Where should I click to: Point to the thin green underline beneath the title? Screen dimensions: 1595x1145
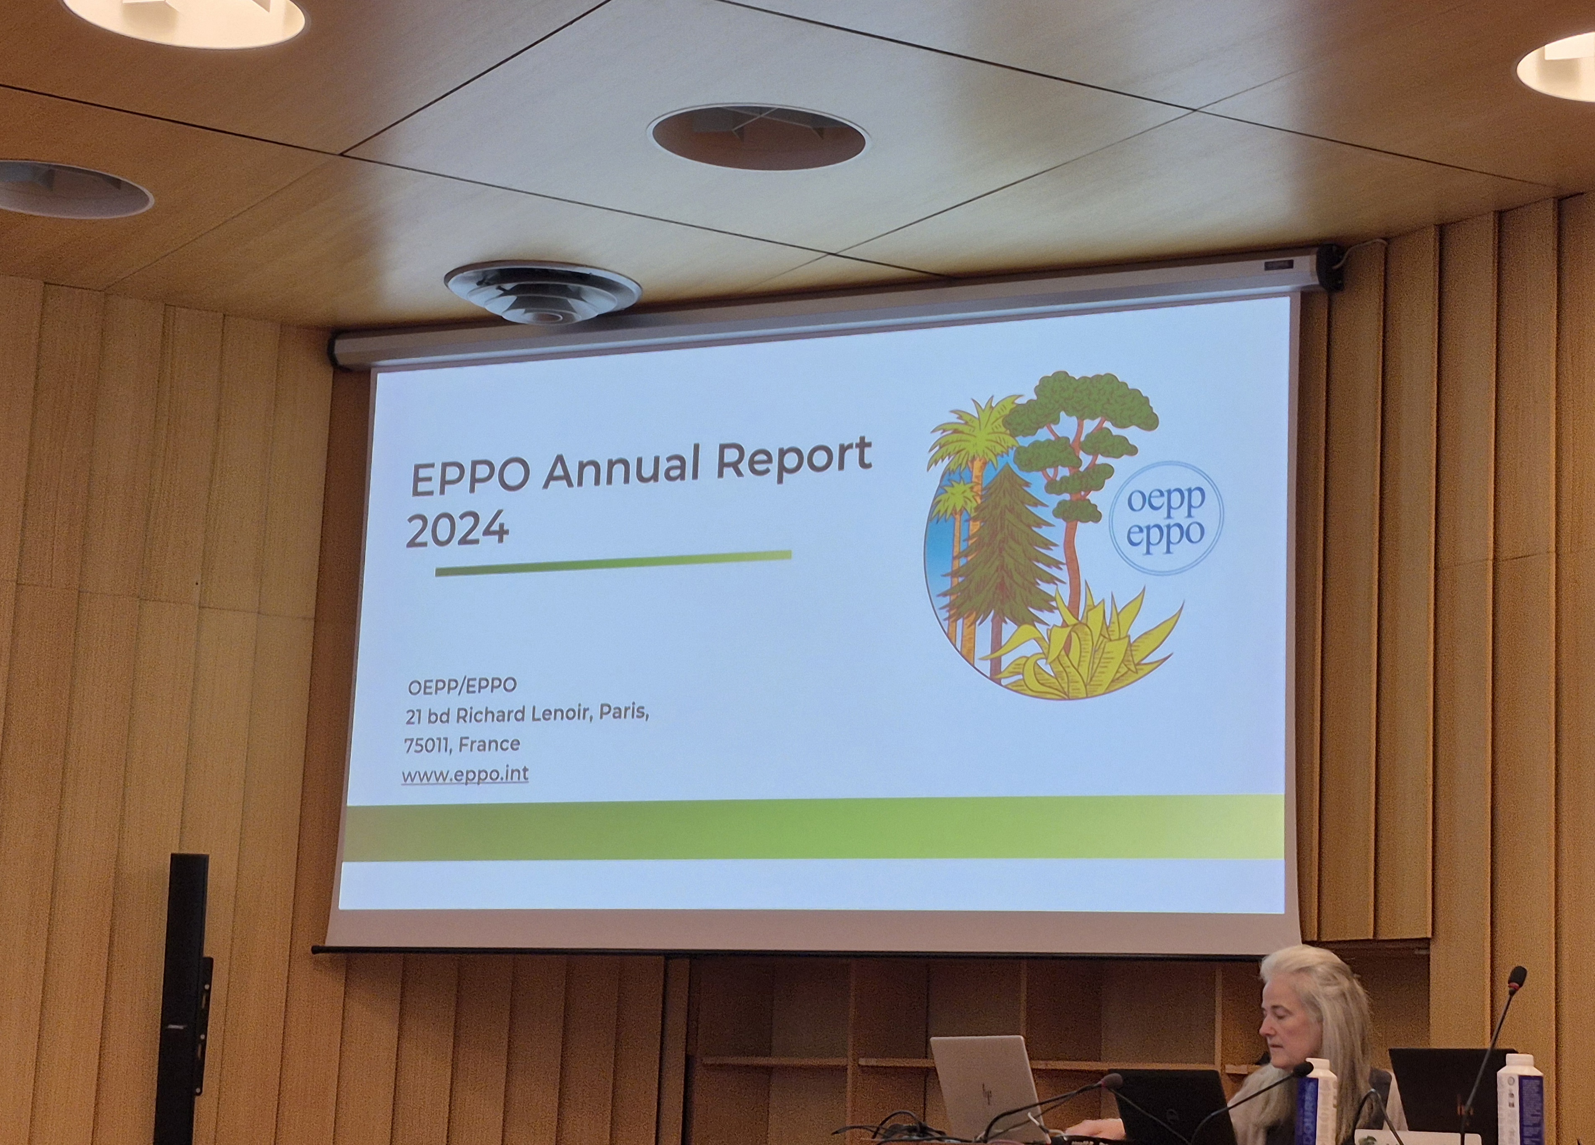pyautogui.click(x=613, y=563)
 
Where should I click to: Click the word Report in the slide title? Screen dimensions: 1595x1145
pyautogui.click(x=793, y=460)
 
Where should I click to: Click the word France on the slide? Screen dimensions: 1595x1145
pyautogui.click(x=489, y=743)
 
